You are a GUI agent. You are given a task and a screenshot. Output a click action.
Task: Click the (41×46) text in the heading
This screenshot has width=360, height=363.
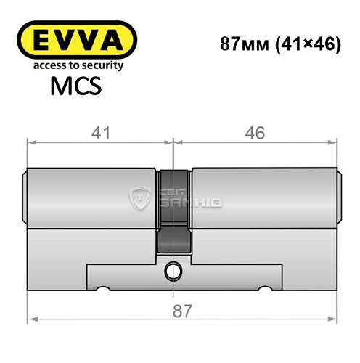[302, 43]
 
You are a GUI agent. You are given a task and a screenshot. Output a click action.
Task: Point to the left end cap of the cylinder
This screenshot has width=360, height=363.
[26, 196]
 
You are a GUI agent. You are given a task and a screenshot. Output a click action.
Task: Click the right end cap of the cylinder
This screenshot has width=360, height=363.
[339, 196]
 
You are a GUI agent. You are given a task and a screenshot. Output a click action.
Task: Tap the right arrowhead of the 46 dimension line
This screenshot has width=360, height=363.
[336, 142]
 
